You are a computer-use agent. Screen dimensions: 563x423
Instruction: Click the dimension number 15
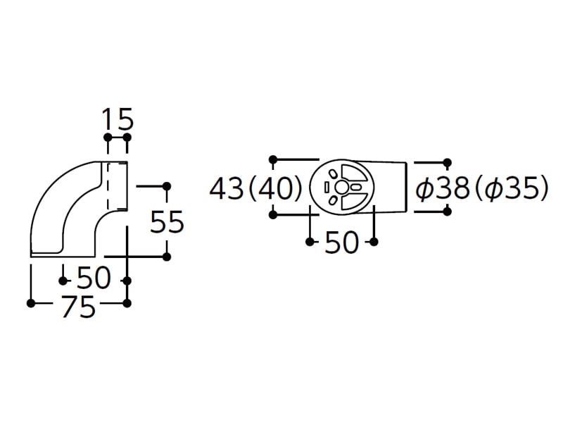(118, 118)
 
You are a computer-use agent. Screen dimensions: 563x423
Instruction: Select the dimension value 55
(167, 221)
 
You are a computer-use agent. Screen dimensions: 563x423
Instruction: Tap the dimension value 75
(79, 307)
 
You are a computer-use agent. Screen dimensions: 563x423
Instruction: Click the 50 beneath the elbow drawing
(94, 278)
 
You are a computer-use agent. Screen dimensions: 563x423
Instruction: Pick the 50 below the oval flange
(341, 243)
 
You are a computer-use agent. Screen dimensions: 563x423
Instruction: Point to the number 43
(227, 189)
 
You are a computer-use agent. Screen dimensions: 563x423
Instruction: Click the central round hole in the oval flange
(341, 187)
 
